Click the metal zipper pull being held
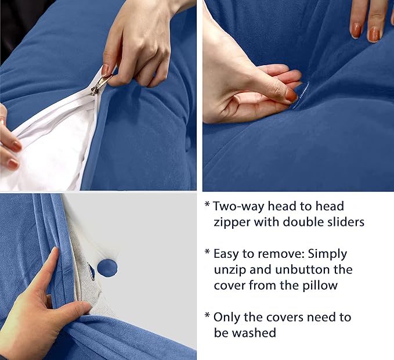click(99, 85)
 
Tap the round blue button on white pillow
click(107, 268)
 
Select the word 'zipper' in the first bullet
click(231, 222)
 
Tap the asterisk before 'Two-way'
click(207, 204)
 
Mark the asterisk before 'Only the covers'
click(207, 316)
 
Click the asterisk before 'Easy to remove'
click(207, 253)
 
